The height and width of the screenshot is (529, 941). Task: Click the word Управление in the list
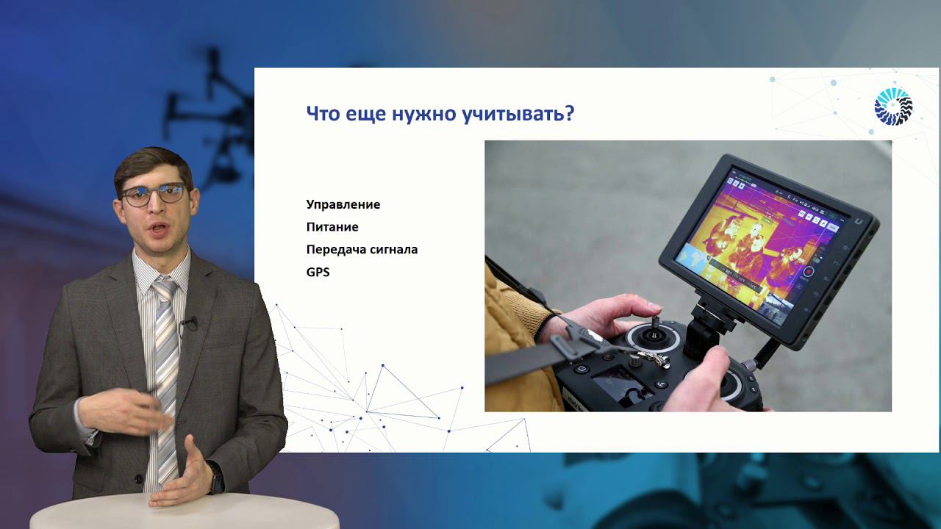343,204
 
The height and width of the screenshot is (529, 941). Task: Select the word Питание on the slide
332,227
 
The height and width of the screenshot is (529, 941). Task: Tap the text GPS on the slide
318,272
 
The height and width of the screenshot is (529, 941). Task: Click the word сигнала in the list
393,250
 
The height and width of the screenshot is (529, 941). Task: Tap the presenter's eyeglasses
154,195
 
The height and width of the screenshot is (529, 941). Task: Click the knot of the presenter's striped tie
165,287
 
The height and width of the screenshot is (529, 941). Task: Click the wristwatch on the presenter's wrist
215,478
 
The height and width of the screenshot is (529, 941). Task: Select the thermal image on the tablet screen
757,239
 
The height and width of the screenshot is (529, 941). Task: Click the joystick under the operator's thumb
651,334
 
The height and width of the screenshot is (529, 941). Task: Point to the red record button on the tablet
808,273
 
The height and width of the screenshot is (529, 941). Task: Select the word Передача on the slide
335,250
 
